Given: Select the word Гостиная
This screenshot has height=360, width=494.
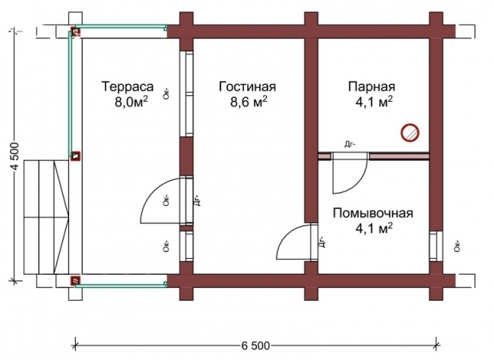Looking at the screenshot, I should tap(246, 86).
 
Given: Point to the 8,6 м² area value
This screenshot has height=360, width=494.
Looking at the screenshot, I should tap(248, 100).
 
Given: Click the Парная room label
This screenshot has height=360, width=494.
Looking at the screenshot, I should tap(372, 86).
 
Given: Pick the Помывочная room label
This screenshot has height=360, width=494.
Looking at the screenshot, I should tap(372, 212).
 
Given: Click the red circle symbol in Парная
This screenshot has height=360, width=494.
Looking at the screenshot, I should tap(410, 133).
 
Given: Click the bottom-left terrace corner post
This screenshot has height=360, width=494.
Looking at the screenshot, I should tap(75, 281).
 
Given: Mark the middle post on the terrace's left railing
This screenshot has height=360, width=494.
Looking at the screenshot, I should tap(75, 156).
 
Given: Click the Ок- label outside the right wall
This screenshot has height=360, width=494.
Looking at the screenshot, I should tap(457, 245).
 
